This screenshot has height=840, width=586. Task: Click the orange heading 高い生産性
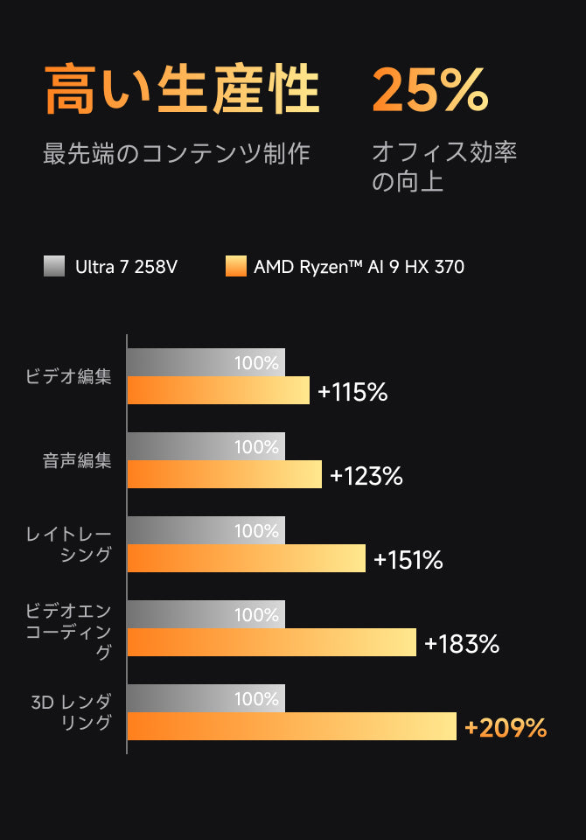[x=182, y=90]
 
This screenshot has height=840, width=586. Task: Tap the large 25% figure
[x=429, y=90]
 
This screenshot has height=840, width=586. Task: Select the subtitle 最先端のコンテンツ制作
[x=177, y=153]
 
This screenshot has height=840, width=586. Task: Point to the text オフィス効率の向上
[x=444, y=166]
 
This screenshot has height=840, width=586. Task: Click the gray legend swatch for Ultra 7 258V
[x=54, y=266]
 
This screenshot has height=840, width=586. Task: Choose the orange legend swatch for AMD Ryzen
[x=235, y=266]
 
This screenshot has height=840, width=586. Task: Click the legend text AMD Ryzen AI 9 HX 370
[x=359, y=266]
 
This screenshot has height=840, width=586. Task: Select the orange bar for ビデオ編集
[x=218, y=390]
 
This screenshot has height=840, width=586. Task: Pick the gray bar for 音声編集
[x=206, y=447]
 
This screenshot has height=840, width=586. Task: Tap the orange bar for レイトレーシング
[x=246, y=558]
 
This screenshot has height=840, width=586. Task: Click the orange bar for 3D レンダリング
[x=291, y=726]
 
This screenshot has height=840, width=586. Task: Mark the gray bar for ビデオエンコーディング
[x=206, y=615]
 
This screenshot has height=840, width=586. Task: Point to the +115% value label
[x=352, y=392]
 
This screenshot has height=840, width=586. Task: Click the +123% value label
[x=366, y=476]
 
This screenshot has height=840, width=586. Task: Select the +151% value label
[x=408, y=560]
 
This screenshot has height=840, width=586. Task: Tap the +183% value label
[x=461, y=644]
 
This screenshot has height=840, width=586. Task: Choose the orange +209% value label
[x=506, y=728]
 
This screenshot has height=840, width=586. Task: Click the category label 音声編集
[x=77, y=461]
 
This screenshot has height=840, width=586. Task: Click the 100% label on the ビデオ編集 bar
[x=256, y=363]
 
